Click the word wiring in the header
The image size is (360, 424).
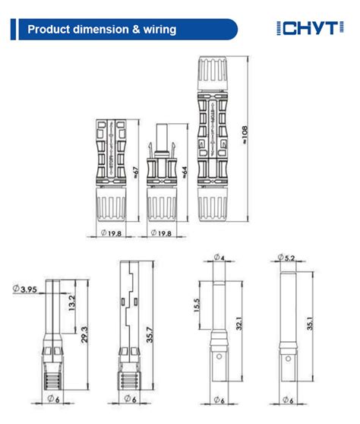[x=155, y=30]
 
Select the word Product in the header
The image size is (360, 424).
[x=49, y=30]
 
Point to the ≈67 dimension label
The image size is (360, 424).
[x=135, y=173]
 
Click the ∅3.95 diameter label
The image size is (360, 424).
[x=26, y=289]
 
